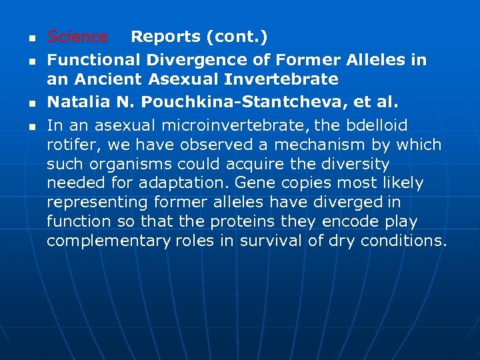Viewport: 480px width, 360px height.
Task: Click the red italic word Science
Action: click(x=77, y=37)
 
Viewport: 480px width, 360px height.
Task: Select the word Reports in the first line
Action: click(x=163, y=37)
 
